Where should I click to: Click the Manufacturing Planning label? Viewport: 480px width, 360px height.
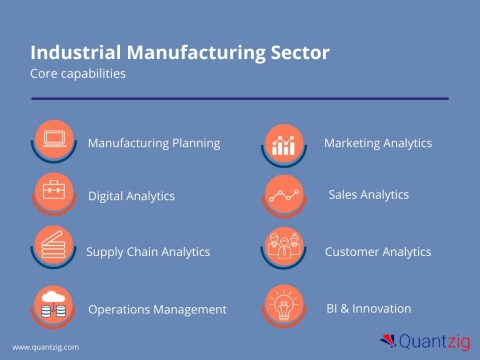(154, 143)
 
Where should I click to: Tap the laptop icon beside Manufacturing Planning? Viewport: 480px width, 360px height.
(53, 139)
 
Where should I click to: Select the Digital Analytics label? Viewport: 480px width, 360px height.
(131, 196)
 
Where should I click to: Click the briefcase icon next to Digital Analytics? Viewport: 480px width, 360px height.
(53, 191)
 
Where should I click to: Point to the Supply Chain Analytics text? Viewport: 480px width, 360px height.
(148, 252)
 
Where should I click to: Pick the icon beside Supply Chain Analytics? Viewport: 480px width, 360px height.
(53, 246)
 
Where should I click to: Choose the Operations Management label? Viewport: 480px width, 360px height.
(157, 309)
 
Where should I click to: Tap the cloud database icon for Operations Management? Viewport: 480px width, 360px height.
(53, 304)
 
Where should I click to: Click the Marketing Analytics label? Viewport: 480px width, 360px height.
(378, 143)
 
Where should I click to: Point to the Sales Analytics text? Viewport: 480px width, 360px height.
(369, 195)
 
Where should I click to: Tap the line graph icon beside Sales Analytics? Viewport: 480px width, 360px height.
(283, 192)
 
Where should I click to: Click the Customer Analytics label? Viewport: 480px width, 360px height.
(378, 252)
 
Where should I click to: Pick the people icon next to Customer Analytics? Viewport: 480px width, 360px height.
(283, 247)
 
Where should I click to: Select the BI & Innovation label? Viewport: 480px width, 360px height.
(369, 308)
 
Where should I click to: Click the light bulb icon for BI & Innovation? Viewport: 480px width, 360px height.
(283, 303)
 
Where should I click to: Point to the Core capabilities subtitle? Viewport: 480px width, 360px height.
(78, 74)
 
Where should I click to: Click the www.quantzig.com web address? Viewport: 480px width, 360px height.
(45, 347)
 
